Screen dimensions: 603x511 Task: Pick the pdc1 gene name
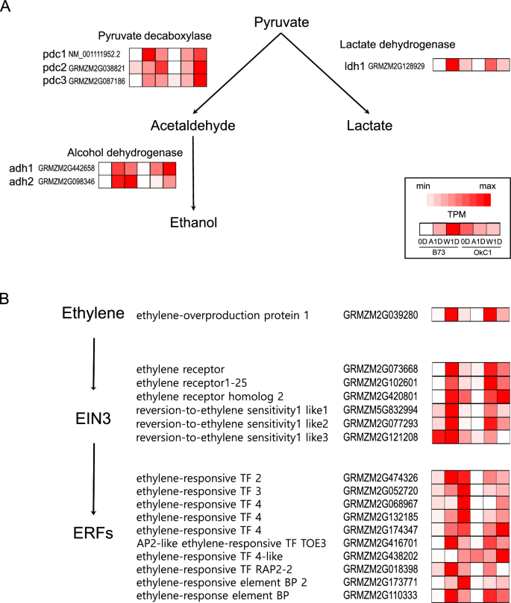[x=54, y=55]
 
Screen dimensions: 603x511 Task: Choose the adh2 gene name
[x=18, y=180]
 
